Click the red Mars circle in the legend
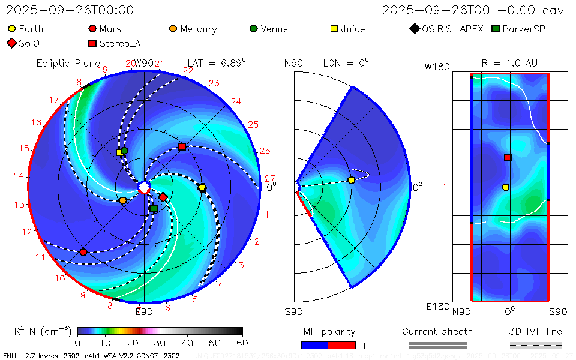(92, 29)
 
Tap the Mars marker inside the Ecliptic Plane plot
(83, 252)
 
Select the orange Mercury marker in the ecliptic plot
(123, 200)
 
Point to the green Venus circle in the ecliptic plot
(125, 151)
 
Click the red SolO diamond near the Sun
(163, 197)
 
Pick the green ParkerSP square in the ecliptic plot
(154, 208)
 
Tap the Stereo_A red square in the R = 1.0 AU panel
(508, 157)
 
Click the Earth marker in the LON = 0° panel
(352, 180)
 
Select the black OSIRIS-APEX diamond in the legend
(414, 29)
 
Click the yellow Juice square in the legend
(335, 29)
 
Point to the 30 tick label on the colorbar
(160, 343)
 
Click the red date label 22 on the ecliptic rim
(188, 71)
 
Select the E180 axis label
(437, 307)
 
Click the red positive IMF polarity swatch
(342, 345)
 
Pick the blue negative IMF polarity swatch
(314, 345)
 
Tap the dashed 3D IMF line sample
(536, 345)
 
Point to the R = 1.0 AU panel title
(509, 63)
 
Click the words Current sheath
(437, 331)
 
